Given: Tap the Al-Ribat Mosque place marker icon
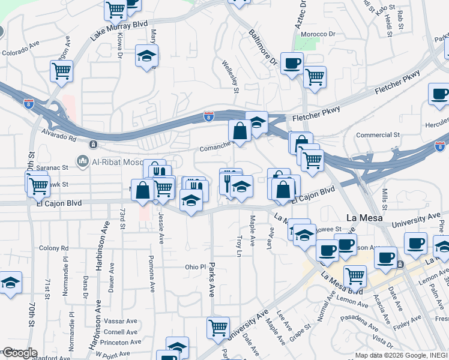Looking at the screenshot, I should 82,160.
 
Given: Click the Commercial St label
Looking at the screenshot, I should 378,135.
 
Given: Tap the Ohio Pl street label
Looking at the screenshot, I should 195,266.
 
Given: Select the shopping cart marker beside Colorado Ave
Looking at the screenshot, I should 62,71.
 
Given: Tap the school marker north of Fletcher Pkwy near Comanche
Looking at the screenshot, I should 256,122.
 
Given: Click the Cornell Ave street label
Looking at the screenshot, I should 121,332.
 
